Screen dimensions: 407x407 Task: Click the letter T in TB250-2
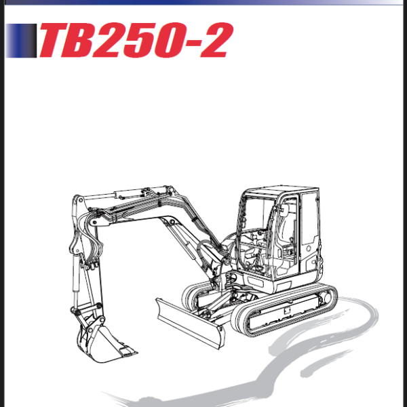coord(56,41)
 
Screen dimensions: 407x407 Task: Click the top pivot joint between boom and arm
coord(77,201)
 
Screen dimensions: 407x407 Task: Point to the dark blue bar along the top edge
coord(203,2)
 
